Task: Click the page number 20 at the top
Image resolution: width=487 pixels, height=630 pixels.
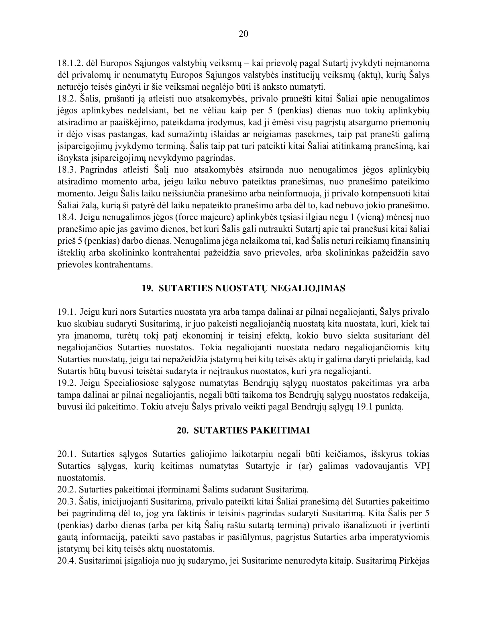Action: (x=244, y=34)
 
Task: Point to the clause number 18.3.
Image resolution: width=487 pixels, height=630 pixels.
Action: (x=67, y=170)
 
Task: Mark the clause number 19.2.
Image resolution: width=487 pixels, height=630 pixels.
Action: (x=67, y=383)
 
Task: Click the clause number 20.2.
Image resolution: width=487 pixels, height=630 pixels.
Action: (x=67, y=490)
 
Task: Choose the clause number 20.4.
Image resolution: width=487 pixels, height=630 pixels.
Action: (x=67, y=561)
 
